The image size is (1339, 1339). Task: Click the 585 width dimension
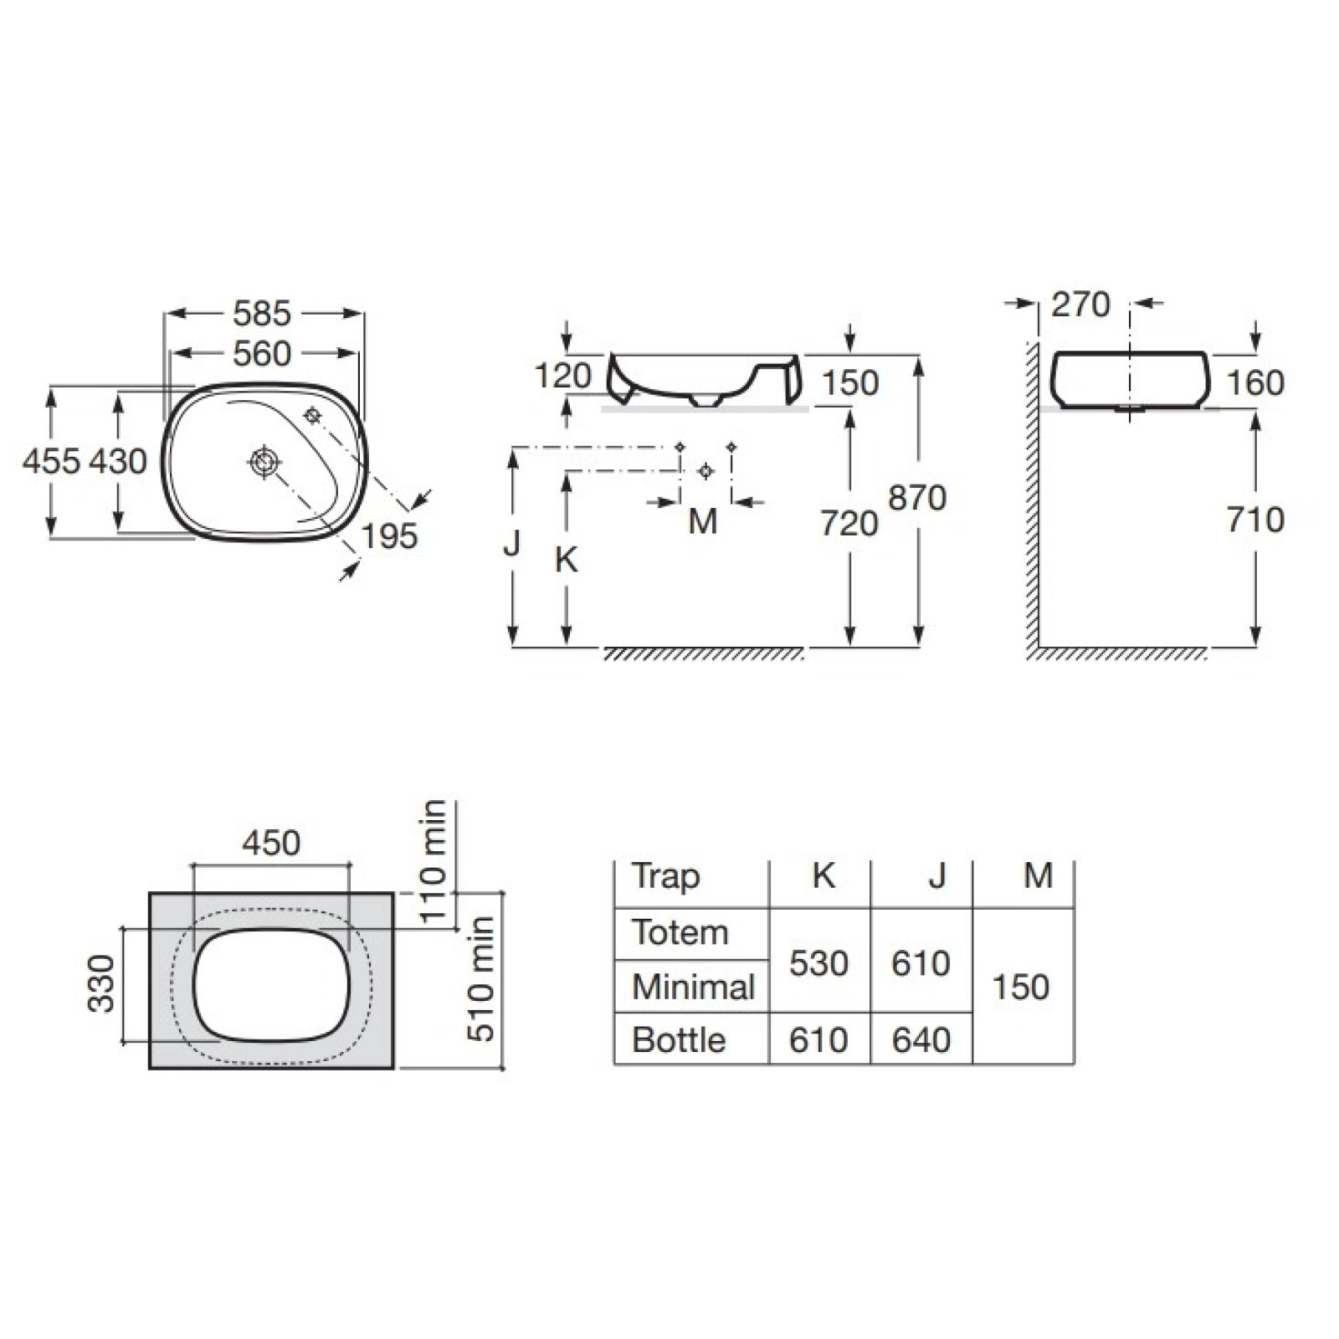[x=262, y=314]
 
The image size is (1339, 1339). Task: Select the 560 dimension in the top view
[x=262, y=354]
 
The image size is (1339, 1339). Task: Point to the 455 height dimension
[x=52, y=461]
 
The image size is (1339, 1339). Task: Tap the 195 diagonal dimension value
[x=391, y=536]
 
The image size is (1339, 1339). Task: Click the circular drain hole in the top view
[x=264, y=461]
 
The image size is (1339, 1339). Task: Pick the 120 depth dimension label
[x=562, y=376]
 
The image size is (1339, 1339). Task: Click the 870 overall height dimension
[x=917, y=498]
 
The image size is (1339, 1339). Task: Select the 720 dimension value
[x=849, y=524]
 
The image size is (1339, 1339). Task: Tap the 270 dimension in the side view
[x=1081, y=305]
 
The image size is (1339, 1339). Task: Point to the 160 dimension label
[x=1255, y=383]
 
